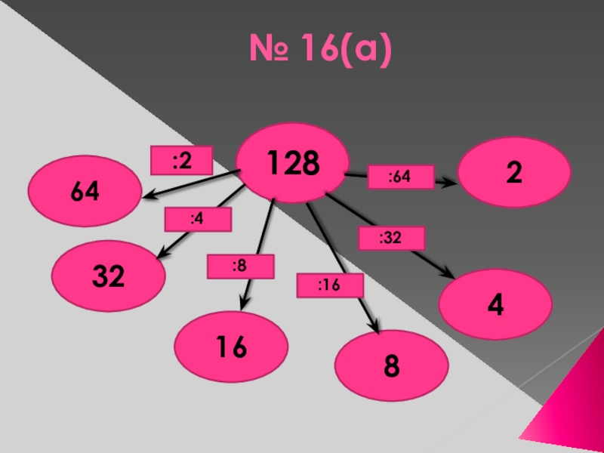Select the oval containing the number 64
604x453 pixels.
85,191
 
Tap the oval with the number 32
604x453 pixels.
109,276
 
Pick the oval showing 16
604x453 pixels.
231,347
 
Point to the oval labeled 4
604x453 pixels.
495,304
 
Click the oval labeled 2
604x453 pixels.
514,172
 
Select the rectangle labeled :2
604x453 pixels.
180,160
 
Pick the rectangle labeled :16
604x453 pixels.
330,285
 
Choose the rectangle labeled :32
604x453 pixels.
391,238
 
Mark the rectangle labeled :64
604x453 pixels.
400,177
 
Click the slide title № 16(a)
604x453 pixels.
322,51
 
